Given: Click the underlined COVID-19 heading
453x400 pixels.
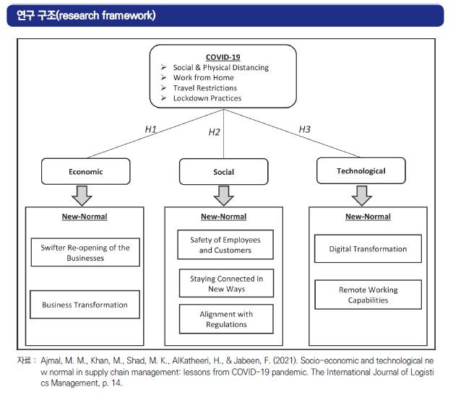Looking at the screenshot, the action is pos(223,57).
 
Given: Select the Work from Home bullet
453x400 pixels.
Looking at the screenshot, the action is pos(204,78).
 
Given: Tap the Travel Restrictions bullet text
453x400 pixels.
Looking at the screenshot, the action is pos(205,88).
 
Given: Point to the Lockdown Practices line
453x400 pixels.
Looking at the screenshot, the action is pos(207,98).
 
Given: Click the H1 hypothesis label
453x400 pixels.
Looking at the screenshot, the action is pos(150,129).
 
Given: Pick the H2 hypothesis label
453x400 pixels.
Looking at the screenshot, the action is pos(214,132).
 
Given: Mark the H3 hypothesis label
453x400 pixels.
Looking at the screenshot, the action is pos(304,129).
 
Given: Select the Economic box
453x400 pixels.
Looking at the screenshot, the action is pos(86,171).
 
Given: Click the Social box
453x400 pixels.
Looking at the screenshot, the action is pos(224,172).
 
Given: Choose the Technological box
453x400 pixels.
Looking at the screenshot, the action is pos(361,170).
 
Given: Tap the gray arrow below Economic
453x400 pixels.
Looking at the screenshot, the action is pos(82,196).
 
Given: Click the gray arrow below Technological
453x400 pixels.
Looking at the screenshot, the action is pos(362,196).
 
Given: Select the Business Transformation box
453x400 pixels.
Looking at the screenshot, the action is pos(85,305).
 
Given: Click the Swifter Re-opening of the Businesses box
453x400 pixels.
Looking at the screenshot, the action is pos(85,253).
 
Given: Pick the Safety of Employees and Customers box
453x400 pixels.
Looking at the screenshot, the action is pos(225,245).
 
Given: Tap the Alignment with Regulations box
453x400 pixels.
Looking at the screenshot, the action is pos(226,319).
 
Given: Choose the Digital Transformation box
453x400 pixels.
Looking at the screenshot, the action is pos(368,248).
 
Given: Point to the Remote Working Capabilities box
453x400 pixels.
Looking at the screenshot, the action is pos(368,295).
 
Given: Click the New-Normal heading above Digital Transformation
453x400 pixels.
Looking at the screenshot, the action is pos(368,217).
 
